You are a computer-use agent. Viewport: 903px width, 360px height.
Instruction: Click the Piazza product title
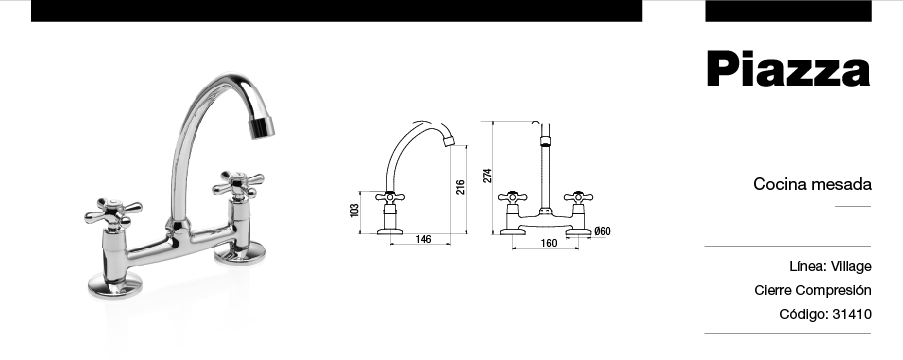pyautogui.click(x=788, y=69)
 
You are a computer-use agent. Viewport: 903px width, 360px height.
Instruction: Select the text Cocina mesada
pyautogui.click(x=812, y=184)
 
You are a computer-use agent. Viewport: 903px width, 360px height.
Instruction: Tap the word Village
pyautogui.click(x=851, y=266)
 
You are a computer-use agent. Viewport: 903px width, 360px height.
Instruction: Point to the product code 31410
pyautogui.click(x=852, y=314)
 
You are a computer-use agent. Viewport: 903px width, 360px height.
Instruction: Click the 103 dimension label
pyautogui.click(x=354, y=210)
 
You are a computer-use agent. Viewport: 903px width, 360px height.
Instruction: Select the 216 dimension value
pyautogui.click(x=460, y=187)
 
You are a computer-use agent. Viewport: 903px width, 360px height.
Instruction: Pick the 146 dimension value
pyautogui.click(x=423, y=239)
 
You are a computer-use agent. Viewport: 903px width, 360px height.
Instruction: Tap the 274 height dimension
pyautogui.click(x=487, y=176)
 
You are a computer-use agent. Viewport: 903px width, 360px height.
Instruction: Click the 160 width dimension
pyautogui.click(x=549, y=243)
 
